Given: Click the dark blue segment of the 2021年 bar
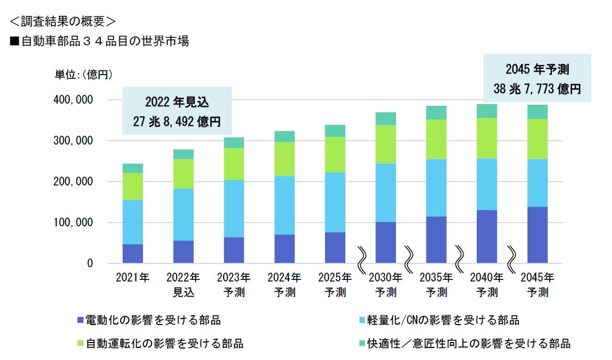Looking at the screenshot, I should pos(133,254).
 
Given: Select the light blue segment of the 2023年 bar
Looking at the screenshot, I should pos(233,208).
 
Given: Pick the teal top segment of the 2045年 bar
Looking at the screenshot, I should pos(537,112).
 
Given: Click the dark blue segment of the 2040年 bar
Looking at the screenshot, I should pos(487,237).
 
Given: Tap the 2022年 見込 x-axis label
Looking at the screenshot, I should pos(183,284).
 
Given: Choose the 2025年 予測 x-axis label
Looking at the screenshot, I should pos(335,284).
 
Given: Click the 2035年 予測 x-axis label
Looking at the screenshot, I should pos(436,284).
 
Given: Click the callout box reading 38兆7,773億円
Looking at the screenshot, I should pos(537,78).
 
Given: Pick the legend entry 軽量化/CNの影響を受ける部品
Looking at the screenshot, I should pos(442,320).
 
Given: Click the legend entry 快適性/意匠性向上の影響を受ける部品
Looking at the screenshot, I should pos(467,344).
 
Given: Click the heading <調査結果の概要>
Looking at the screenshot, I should pos(63,21).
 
